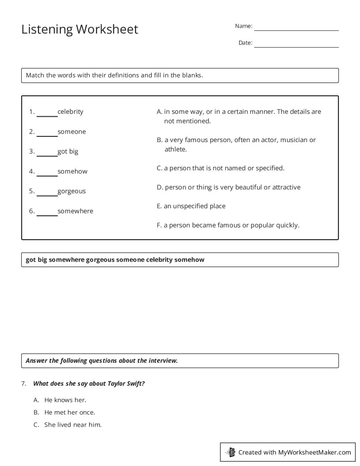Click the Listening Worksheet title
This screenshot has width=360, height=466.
80,29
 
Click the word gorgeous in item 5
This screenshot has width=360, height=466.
71,191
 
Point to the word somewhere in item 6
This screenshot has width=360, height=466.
75,211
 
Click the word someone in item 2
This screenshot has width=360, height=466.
71,132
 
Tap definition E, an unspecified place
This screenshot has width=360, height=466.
191,206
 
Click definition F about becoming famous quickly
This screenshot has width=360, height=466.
228,225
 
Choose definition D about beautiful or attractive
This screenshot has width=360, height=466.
229,187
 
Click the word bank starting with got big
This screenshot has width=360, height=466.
115,259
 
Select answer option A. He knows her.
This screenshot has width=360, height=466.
65,400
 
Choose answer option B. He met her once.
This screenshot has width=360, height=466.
69,412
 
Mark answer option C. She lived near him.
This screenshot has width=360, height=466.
72,425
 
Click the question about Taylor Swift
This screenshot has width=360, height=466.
89,383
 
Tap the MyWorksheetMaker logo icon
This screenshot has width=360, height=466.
231,452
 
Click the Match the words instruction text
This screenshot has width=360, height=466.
114,75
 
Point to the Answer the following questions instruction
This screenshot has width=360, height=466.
101,361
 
